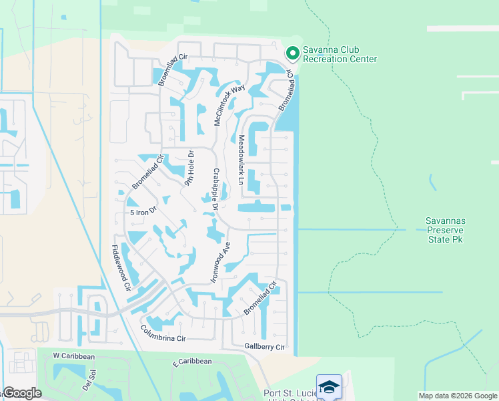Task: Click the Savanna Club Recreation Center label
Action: coord(340,54)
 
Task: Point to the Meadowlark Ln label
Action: coord(241,160)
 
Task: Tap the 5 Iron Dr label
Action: coord(143,211)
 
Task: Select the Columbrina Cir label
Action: coord(163,333)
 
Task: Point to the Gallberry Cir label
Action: coord(264,348)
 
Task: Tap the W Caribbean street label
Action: coord(74,357)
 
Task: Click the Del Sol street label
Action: coord(89,382)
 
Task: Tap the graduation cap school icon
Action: coord(329,387)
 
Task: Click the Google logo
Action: coord(21,393)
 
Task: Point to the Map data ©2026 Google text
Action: coord(458,396)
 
